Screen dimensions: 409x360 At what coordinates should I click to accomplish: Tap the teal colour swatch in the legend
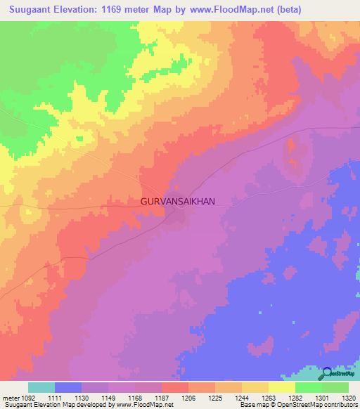[x=41, y=387]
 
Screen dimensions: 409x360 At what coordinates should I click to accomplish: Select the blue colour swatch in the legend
[x=68, y=387]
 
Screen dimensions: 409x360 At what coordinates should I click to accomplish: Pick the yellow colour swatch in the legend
[x=282, y=387]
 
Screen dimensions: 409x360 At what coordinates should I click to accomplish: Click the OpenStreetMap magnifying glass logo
[x=328, y=375]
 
